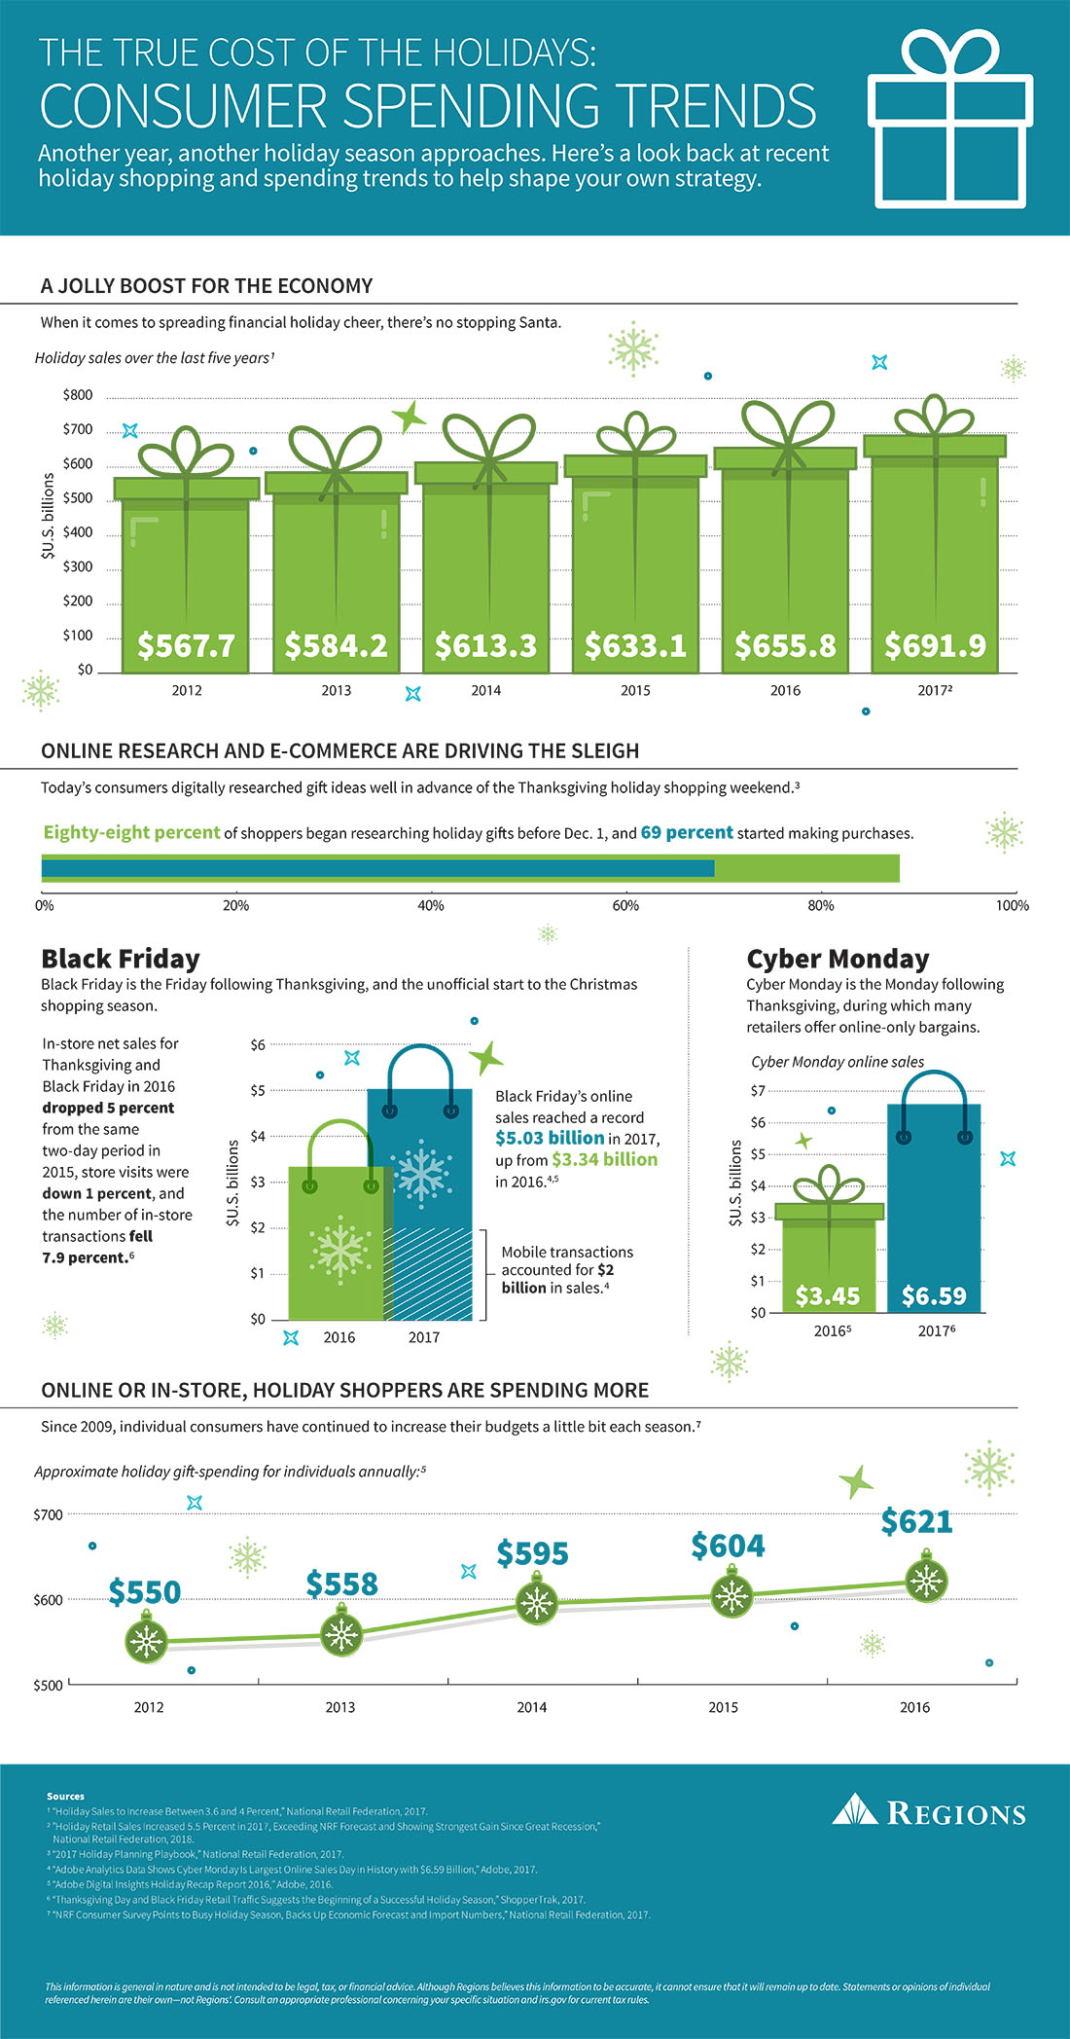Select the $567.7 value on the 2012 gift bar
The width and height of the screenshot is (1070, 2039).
186,645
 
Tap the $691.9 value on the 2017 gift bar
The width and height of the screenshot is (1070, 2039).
935,645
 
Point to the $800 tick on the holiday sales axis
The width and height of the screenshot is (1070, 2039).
78,395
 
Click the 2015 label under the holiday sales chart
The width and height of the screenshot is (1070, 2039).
635,690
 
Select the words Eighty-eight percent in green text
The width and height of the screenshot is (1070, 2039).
131,832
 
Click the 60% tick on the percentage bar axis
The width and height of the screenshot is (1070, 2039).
625,905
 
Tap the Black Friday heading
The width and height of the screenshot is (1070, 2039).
121,959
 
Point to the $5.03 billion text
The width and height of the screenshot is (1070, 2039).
550,1138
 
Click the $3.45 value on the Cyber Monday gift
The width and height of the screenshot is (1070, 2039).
828,1295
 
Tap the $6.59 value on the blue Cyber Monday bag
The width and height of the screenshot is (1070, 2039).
934,1295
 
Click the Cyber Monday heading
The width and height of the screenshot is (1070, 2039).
838,959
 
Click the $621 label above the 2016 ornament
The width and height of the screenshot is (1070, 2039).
916,1521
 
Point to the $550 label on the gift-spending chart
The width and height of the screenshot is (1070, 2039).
145,1592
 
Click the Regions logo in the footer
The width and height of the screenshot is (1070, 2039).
929,1812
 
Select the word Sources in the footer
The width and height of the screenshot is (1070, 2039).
65,1796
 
